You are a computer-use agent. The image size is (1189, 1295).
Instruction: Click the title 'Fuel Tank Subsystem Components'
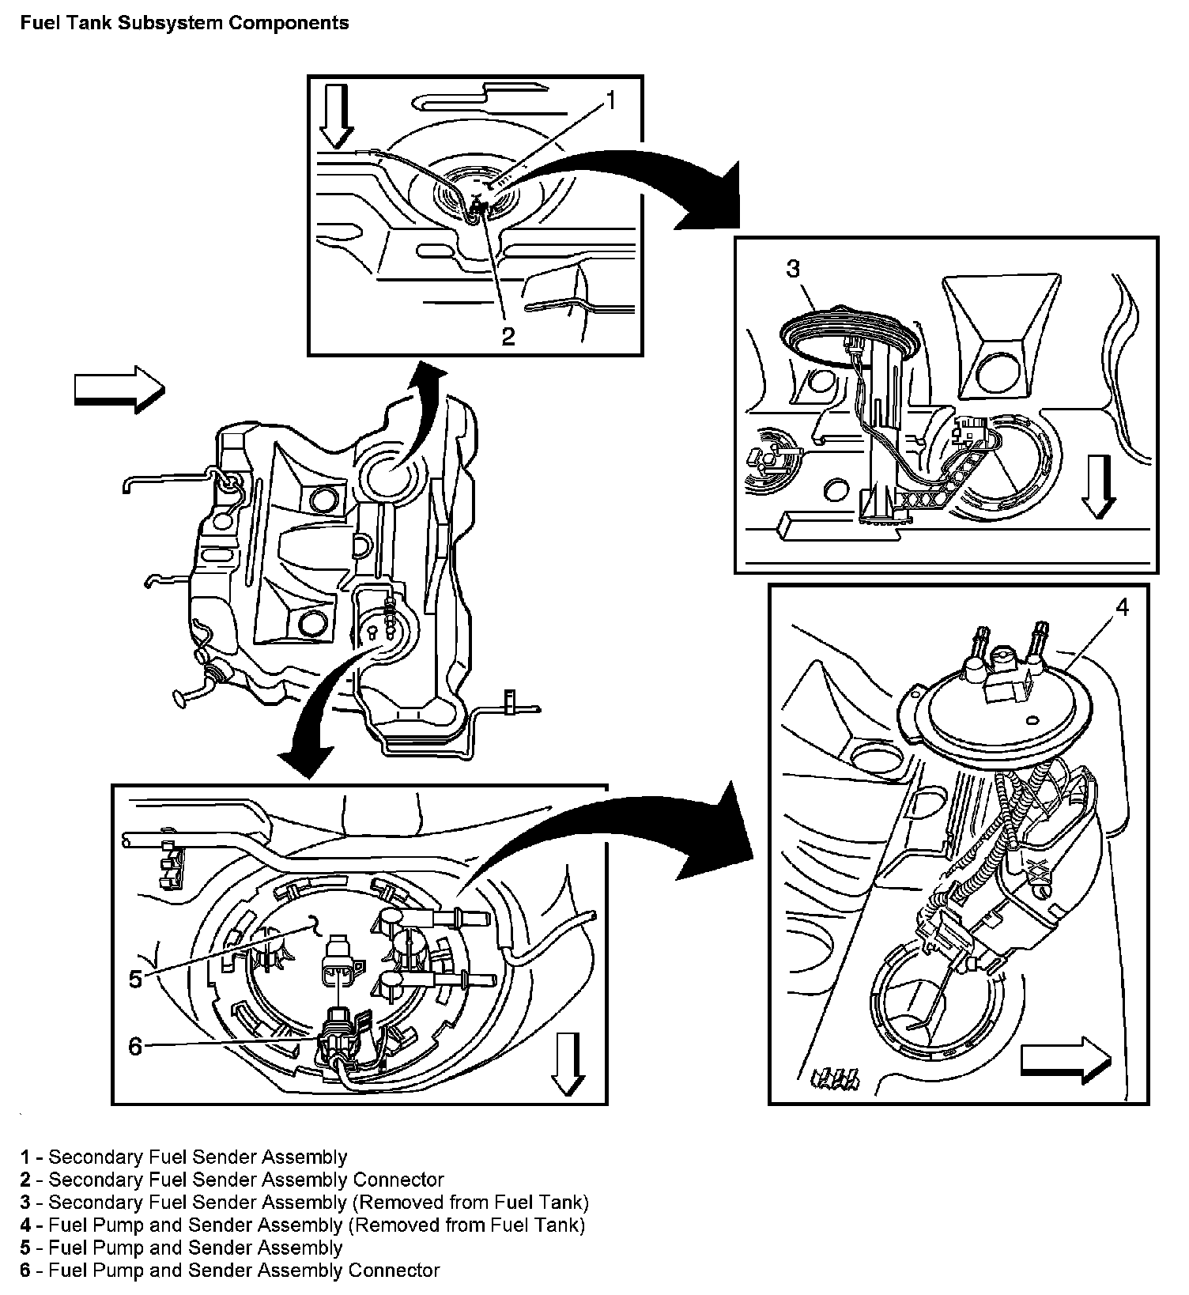tap(185, 23)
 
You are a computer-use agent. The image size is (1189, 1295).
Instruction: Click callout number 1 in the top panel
tap(610, 100)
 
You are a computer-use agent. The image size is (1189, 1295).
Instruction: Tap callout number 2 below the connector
tap(508, 336)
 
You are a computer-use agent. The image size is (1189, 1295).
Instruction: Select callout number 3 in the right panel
tap(793, 269)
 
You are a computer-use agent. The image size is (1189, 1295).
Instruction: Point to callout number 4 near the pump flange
tap(1122, 606)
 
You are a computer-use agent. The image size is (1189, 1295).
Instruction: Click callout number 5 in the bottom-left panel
tap(135, 979)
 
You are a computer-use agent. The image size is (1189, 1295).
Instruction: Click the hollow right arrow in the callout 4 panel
tap(1066, 1060)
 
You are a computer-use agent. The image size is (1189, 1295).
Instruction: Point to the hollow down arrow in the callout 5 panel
tap(568, 1065)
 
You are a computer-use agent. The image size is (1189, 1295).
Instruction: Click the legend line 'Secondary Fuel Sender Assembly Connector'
tap(232, 1180)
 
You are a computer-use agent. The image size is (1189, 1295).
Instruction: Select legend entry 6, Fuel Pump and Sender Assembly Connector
tap(230, 1270)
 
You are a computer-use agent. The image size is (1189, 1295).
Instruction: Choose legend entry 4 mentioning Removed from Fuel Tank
tap(303, 1225)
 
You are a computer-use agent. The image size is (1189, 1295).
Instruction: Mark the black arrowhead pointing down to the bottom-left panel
tap(308, 757)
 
